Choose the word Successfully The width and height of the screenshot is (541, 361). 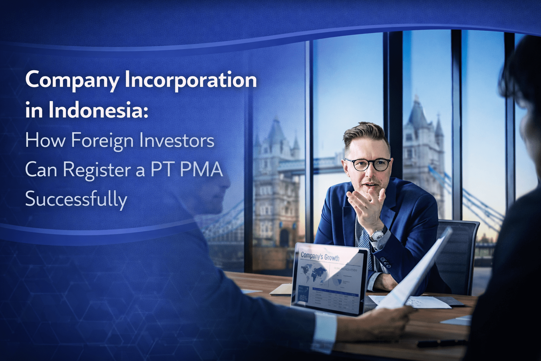(x=76, y=199)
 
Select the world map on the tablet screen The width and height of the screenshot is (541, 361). (x=313, y=273)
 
